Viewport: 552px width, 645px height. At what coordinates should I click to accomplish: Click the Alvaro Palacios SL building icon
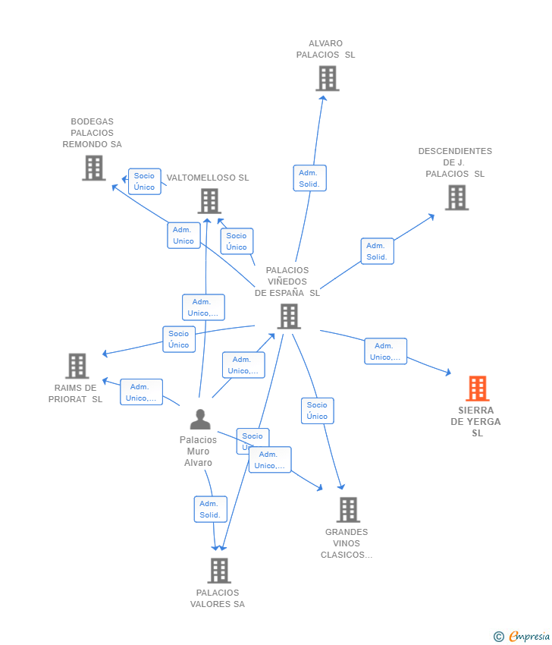tap(327, 78)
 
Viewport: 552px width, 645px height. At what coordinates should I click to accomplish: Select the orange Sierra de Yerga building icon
tap(477, 389)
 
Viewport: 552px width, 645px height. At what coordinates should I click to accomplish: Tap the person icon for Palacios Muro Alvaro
tap(199, 420)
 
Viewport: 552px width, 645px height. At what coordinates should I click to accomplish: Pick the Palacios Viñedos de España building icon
tap(289, 316)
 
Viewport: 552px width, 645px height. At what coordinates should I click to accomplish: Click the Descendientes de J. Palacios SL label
tap(455, 162)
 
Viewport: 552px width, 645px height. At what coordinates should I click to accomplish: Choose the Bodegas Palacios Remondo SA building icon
tap(94, 168)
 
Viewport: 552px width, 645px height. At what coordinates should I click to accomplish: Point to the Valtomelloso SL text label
tap(208, 178)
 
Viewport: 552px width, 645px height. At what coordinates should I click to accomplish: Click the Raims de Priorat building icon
tap(77, 366)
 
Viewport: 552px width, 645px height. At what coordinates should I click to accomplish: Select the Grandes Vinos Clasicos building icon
tap(348, 510)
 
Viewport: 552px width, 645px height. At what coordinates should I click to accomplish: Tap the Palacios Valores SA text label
tap(218, 599)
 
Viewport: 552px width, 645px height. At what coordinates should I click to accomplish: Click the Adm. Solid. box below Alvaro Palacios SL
tap(309, 178)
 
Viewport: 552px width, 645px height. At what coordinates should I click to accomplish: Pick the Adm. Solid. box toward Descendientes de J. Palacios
tap(377, 251)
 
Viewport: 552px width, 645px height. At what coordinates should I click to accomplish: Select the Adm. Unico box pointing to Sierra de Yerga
tap(385, 351)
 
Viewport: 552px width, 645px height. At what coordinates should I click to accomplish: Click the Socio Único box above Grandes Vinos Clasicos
tap(317, 411)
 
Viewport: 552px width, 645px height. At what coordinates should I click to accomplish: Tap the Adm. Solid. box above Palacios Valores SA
tap(210, 509)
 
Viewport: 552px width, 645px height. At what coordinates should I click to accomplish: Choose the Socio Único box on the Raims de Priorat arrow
tap(179, 339)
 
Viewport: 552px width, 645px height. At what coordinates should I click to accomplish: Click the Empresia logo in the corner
tap(529, 636)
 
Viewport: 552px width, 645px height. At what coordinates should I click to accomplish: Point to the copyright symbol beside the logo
tap(499, 636)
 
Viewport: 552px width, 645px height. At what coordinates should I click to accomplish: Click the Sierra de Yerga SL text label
tap(477, 422)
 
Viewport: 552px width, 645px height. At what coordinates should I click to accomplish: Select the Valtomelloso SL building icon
tap(209, 201)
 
